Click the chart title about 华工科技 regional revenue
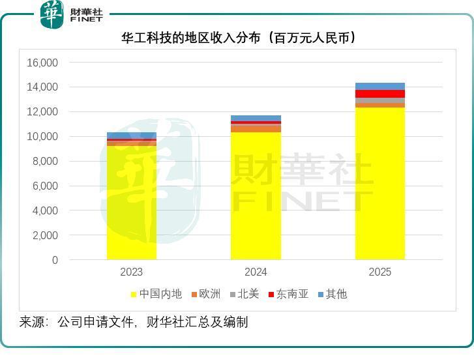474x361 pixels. click(x=239, y=38)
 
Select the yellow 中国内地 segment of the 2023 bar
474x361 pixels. click(x=131, y=202)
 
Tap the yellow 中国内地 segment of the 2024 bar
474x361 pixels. click(x=256, y=195)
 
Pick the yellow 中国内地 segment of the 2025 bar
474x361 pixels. click(x=379, y=183)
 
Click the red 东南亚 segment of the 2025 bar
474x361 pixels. click(x=379, y=94)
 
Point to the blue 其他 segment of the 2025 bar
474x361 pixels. click(x=379, y=86)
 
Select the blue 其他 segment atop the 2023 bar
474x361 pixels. click(x=131, y=135)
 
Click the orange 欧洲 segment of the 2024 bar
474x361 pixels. click(x=256, y=129)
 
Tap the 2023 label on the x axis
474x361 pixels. click(x=131, y=272)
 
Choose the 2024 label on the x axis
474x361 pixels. click(x=256, y=272)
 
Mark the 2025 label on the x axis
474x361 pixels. click(x=379, y=272)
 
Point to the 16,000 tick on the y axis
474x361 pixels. click(x=42, y=63)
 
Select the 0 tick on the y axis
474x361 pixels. click(x=55, y=260)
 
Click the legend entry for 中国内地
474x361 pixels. click(x=156, y=294)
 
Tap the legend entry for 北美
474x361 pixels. click(x=244, y=294)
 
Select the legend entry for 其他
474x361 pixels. click(x=332, y=294)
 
